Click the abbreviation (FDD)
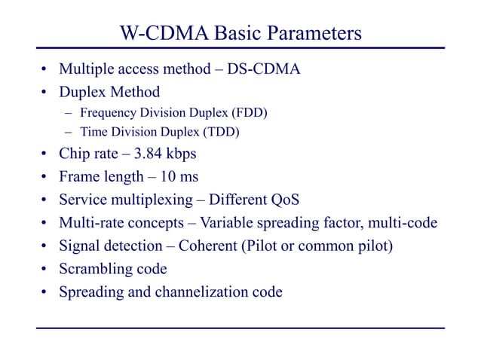click(x=250, y=113)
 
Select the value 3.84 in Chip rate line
click(x=151, y=155)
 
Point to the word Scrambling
click(x=93, y=268)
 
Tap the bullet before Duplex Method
click(x=44, y=93)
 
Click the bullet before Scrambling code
click(x=44, y=269)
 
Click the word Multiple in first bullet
click(x=85, y=71)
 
